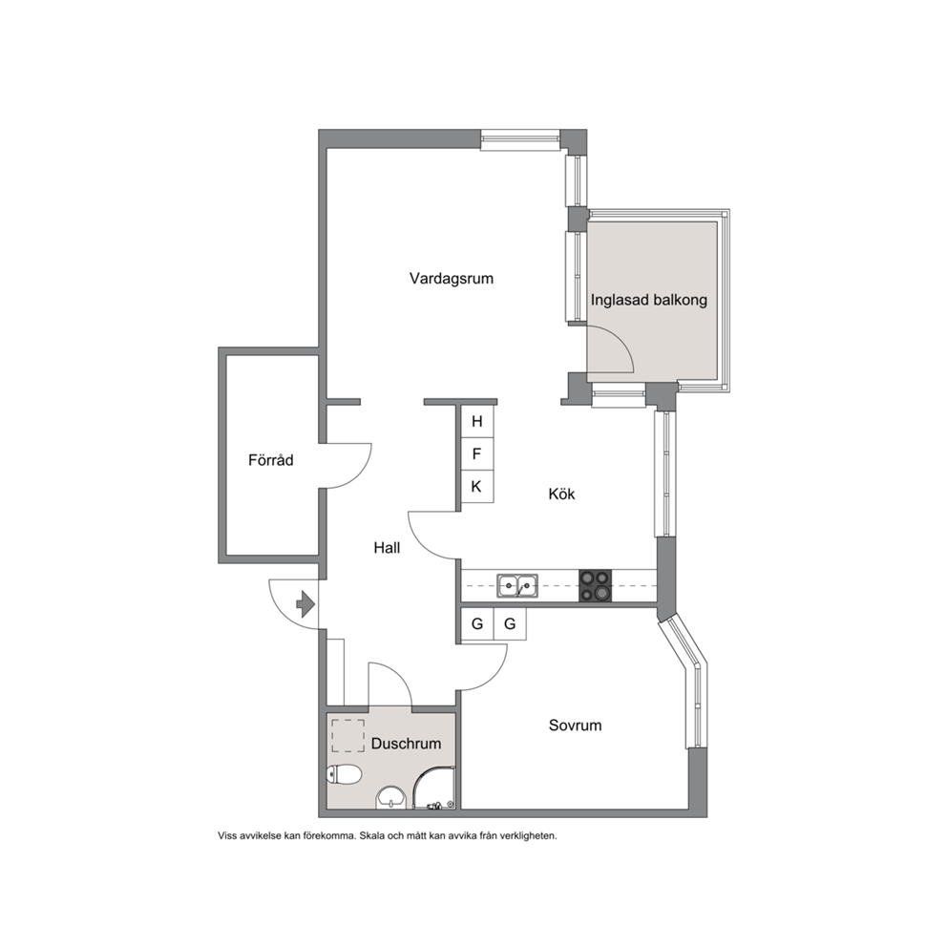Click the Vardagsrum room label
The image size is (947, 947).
[452, 279]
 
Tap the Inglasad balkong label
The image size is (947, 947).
[648, 300]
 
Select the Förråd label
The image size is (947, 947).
[270, 460]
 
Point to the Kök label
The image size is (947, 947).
[561, 495]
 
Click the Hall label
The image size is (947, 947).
[387, 548]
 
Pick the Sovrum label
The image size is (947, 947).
[575, 726]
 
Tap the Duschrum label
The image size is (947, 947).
[406, 744]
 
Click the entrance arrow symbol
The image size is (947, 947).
[305, 604]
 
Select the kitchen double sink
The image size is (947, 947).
[517, 585]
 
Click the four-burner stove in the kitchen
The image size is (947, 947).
[595, 585]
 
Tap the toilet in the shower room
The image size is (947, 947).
[344, 773]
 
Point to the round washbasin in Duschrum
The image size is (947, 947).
[392, 798]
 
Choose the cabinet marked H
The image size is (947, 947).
[477, 422]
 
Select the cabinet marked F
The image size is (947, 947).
[477, 453]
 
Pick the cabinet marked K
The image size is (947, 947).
[477, 486]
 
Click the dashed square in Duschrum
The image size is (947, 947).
[347, 736]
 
